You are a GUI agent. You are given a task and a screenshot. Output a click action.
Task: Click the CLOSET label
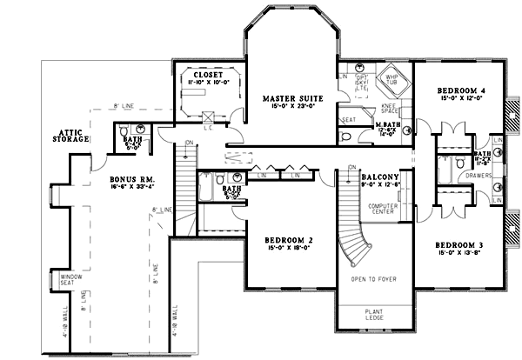(x=205, y=75)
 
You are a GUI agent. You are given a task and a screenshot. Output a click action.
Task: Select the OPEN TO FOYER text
(x=375, y=279)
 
